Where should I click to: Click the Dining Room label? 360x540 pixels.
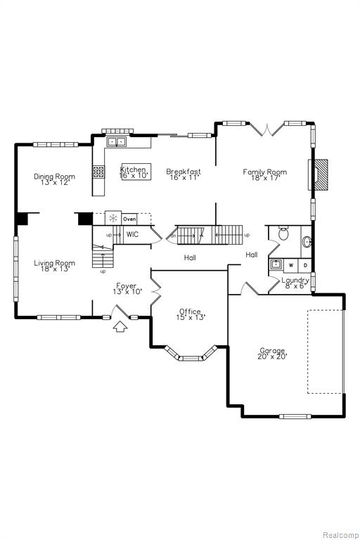[54, 179]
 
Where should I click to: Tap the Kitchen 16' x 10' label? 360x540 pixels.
[134, 172]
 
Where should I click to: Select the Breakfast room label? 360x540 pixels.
[184, 174]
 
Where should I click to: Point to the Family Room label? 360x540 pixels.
[265, 174]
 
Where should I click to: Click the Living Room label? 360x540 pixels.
[54, 266]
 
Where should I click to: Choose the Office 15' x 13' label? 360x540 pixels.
[191, 314]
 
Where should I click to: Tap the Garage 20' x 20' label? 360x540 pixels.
[272, 354]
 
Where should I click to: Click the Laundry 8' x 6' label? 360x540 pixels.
[295, 283]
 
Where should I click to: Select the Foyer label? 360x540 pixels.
[127, 288]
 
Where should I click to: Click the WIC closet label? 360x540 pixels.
[133, 235]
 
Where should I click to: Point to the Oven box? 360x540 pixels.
[129, 219]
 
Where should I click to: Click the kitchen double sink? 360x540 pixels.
[117, 141]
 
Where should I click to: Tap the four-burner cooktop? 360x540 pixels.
[99, 172]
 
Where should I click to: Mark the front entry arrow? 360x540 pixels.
[120, 326]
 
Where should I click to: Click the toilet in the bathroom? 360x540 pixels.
[284, 233]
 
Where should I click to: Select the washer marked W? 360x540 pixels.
[291, 265]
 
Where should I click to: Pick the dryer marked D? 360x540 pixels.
[305, 265]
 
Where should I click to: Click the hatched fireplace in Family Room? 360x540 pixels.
[321, 174]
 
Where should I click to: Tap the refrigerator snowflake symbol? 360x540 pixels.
[113, 218]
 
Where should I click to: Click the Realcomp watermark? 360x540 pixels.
[340, 535]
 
